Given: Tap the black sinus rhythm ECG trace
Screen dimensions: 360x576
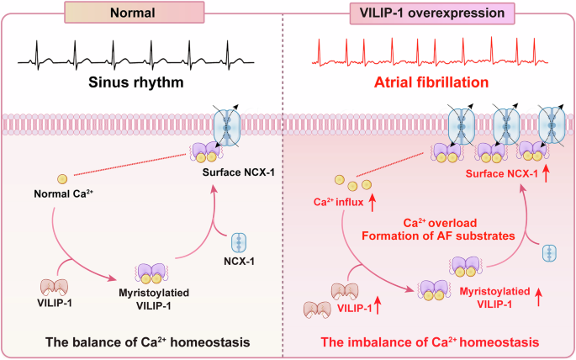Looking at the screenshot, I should [x=143, y=58].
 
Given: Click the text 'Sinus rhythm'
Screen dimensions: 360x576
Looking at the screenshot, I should [x=144, y=85].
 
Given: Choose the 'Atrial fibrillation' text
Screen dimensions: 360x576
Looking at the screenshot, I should [x=431, y=85].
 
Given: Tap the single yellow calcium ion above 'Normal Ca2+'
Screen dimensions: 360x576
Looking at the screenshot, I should [x=61, y=178].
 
